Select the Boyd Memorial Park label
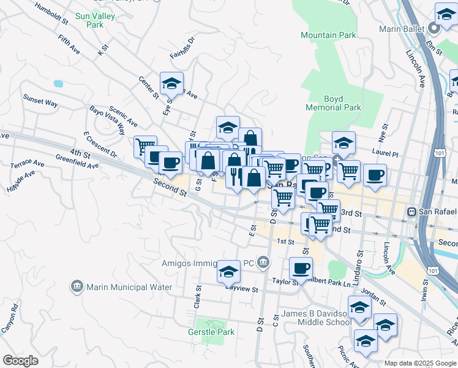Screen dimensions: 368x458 tap(342, 103)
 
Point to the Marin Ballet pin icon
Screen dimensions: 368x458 tap(434, 28)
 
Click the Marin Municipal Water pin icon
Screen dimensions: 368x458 tap(77, 286)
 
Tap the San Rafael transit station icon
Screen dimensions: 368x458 tap(412, 212)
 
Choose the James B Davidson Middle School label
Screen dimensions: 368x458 tap(317, 318)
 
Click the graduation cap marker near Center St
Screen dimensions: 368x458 tap(172, 84)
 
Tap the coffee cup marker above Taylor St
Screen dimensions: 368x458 tap(301, 268)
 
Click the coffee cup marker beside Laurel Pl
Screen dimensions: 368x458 tap(375, 175)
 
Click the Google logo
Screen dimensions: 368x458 tap(21, 361)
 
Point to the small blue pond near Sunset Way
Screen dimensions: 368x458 tap(58, 83)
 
